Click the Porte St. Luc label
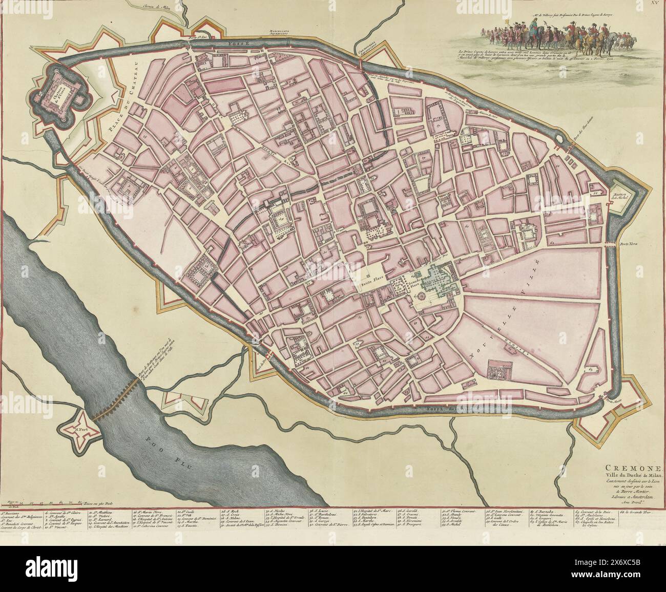(195, 38)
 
